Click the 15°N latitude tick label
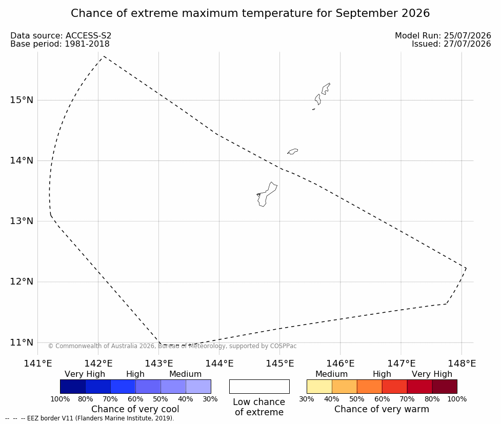pyautogui.click(x=22, y=100)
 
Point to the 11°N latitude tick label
pyautogui.click(x=22, y=342)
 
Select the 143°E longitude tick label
pyautogui.click(x=159, y=364)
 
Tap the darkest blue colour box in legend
pyautogui.click(x=73, y=387)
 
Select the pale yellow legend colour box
pyautogui.click(x=319, y=387)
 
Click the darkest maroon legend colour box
pyautogui.click(x=445, y=387)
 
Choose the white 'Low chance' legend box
pyautogui.click(x=259, y=387)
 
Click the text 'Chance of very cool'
pyautogui.click(x=135, y=409)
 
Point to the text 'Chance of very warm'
pyautogui.click(x=382, y=409)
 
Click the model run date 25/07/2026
pyautogui.click(x=467, y=36)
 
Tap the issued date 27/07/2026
pyautogui.click(x=467, y=44)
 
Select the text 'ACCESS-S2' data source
pyautogui.click(x=88, y=36)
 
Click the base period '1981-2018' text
pyautogui.click(x=87, y=44)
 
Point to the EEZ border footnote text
pyautogui.click(x=89, y=418)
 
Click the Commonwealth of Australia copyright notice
pyautogui.click(x=172, y=346)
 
